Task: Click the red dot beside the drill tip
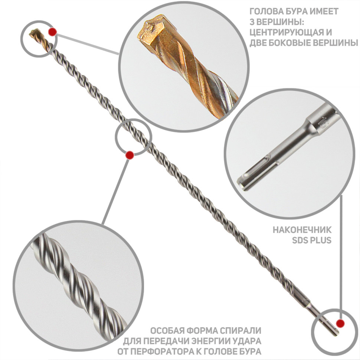tap(53, 32)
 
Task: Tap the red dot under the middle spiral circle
tap(130, 155)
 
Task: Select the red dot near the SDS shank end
tap(340, 324)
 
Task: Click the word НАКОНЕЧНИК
tap(302, 230)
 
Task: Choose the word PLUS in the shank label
tap(320, 240)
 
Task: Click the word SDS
tap(300, 240)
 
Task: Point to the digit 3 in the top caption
tap(252, 22)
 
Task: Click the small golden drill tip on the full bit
tap(35, 34)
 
